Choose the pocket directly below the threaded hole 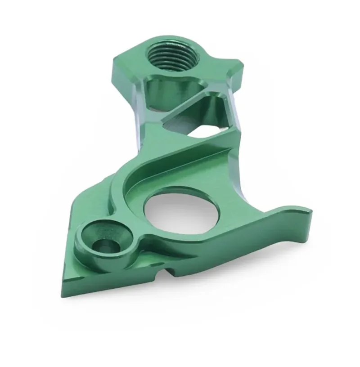pyautogui.click(x=166, y=92)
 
